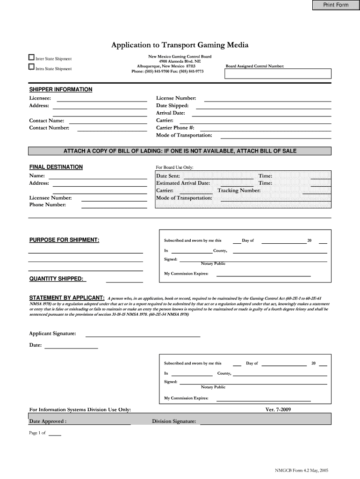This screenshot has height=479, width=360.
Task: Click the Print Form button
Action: click(x=336, y=5)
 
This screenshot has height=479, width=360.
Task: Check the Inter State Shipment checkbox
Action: click(x=31, y=58)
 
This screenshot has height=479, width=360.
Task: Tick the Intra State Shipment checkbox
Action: click(x=31, y=67)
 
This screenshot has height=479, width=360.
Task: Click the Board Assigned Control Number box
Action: click(x=278, y=74)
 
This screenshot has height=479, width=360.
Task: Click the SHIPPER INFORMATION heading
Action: click(x=61, y=89)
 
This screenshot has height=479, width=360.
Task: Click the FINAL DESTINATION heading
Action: click(x=56, y=167)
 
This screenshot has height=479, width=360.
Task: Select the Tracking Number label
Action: click(x=239, y=190)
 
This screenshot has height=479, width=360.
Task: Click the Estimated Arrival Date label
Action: click(x=183, y=183)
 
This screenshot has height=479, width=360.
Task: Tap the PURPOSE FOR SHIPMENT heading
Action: click(x=64, y=240)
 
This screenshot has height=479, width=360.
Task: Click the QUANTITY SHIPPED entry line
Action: click(x=124, y=282)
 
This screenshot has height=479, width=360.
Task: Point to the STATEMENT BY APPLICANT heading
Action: click(x=67, y=298)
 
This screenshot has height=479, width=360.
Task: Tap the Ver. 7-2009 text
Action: click(x=278, y=410)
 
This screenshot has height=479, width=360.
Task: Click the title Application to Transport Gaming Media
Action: click(x=180, y=45)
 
